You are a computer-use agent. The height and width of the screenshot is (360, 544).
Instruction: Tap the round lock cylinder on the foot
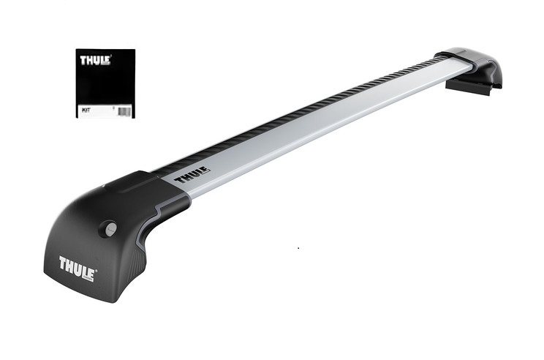click(x=110, y=228)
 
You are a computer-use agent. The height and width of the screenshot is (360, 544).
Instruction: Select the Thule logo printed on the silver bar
click(x=192, y=176)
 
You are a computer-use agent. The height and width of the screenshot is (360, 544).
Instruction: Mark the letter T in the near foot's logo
click(x=64, y=262)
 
